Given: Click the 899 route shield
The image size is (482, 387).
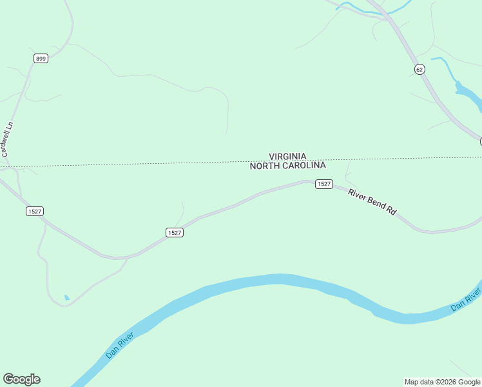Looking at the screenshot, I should click(41, 59).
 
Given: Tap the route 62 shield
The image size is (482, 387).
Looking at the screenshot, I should click(419, 69).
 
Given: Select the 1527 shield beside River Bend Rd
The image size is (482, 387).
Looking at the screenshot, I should click(323, 184).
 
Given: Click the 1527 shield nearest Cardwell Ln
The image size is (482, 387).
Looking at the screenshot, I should click(35, 211).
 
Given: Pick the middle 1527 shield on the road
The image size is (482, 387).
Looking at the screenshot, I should click(174, 232).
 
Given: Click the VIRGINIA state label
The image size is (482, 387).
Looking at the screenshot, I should click(287, 156).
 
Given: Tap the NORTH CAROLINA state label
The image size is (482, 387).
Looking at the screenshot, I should click(287, 165).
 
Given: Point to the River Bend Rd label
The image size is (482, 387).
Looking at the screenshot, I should click(372, 201).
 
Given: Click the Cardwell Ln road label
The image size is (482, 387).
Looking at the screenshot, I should click(8, 139).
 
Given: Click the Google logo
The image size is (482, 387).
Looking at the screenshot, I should click(21, 379).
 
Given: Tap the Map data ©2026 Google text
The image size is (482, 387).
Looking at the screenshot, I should click(442, 382).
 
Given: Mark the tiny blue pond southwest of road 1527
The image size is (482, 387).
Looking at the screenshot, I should click(67, 297).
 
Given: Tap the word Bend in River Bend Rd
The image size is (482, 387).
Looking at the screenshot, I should click(376, 202).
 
